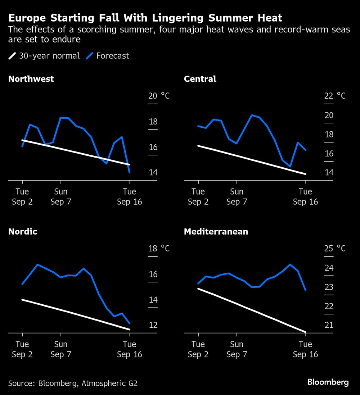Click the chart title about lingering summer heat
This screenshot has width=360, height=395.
145,18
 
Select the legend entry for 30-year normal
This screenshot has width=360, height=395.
44,56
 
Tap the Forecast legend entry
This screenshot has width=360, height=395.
108,56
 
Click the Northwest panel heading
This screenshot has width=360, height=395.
31,79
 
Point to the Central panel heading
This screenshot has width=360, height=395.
200,79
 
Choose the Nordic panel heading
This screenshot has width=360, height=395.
23,232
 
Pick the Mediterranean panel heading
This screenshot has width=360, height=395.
216,232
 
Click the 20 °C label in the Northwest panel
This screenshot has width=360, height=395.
159,96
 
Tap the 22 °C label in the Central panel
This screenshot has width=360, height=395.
335,96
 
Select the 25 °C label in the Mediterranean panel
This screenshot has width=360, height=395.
335,248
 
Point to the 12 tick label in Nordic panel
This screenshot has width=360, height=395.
153,325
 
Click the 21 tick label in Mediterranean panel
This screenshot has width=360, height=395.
329,325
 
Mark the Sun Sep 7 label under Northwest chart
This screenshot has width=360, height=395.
61,196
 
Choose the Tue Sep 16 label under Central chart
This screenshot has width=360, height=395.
305,196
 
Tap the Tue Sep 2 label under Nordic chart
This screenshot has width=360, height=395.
22,349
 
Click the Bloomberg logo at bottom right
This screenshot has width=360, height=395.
328,382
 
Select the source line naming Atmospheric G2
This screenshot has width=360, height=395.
73,383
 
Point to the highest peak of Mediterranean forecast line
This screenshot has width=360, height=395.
290,264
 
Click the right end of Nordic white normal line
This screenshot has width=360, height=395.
130,329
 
